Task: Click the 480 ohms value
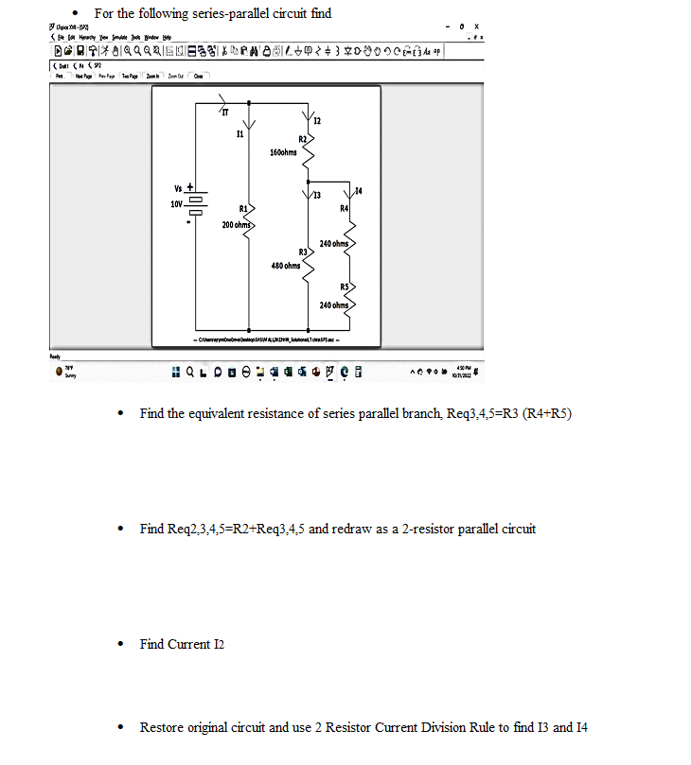(284, 266)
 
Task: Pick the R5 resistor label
(346, 287)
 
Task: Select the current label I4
(355, 192)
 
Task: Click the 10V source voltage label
(175, 204)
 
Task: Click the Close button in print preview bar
(197, 75)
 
